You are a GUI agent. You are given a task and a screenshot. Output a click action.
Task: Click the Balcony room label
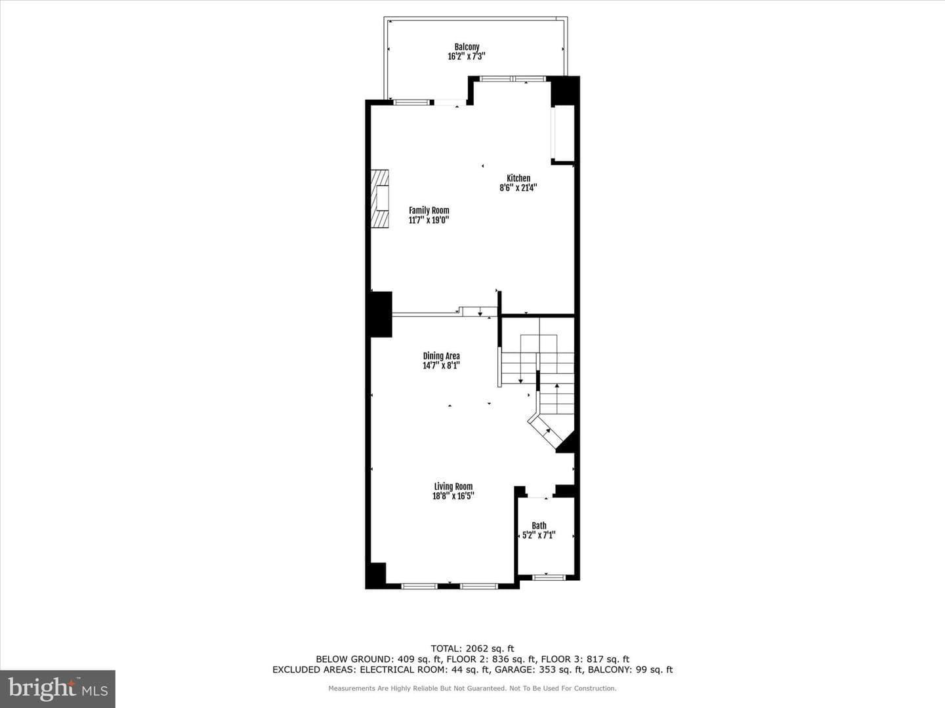(467, 47)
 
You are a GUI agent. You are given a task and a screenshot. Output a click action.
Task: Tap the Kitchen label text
(518, 178)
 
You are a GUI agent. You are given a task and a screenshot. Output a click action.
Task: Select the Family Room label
(429, 210)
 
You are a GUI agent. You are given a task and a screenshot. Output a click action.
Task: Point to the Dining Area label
(441, 356)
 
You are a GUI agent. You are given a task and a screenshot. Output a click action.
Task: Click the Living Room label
(453, 486)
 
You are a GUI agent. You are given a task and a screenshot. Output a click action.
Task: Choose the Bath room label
(539, 526)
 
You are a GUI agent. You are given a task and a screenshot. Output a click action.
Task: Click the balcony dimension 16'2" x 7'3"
(467, 56)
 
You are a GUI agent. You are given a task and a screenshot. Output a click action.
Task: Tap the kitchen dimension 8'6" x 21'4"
(518, 187)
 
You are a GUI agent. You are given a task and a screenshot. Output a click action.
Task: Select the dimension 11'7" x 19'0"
(429, 220)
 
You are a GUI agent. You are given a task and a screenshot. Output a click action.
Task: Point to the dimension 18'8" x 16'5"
(453, 496)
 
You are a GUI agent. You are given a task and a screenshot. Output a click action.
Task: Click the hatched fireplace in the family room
(380, 199)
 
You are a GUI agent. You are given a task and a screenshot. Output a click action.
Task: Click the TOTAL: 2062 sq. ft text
(472, 648)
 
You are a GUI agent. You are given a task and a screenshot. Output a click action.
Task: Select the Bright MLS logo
(58, 689)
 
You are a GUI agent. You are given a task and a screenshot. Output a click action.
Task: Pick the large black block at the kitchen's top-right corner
(565, 90)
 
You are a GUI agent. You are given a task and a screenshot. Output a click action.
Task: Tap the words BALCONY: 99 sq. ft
(630, 669)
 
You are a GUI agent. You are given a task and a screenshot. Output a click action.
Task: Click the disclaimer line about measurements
(472, 688)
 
